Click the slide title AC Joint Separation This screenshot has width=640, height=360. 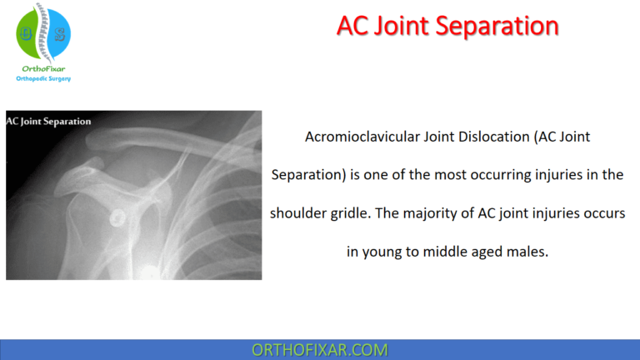[x=447, y=26]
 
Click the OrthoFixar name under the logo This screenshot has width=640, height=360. [x=43, y=69]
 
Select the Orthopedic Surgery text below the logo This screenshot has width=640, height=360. [x=43, y=78]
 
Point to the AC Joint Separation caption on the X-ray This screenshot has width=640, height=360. [x=49, y=121]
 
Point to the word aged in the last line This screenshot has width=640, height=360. [x=484, y=251]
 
